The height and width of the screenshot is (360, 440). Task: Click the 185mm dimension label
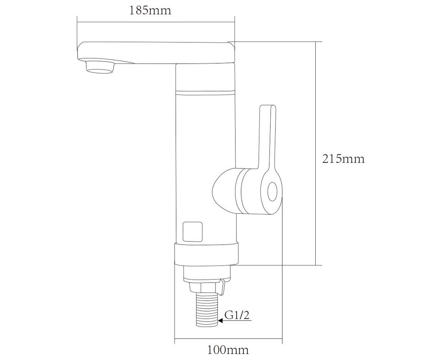click(150, 11)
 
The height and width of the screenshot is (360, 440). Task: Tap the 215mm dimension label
click(343, 159)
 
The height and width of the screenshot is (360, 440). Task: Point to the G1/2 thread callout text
click(237, 315)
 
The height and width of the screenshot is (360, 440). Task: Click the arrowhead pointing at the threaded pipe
click(220, 321)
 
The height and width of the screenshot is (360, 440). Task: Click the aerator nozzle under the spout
click(100, 67)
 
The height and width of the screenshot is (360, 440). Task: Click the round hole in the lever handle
click(272, 192)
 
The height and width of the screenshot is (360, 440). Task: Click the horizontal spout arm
click(156, 53)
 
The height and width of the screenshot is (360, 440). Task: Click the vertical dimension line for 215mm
click(316, 153)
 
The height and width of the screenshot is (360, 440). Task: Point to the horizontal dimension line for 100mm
click(228, 338)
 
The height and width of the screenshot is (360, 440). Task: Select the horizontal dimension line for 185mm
click(156, 22)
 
